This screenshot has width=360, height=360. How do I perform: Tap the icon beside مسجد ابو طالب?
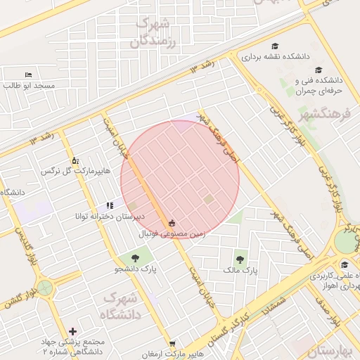point(28,75)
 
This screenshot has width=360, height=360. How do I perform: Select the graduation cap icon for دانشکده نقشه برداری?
point(274,46)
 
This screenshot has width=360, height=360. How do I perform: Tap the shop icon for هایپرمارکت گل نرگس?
point(75,160)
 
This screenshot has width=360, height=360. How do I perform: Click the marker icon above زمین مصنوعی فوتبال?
point(172,223)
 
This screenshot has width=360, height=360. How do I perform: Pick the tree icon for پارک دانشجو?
point(134,259)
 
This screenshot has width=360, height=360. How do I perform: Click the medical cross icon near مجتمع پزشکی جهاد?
point(73,331)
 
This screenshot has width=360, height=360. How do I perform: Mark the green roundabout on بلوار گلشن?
point(46,288)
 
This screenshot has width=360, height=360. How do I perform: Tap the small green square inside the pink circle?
point(208,200)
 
